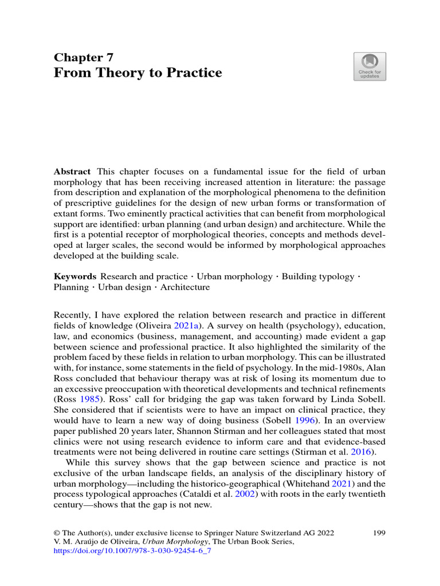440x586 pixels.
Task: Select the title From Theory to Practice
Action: (x=137, y=73)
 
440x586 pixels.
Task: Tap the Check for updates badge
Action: (x=370, y=66)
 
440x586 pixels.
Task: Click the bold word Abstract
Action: (x=73, y=172)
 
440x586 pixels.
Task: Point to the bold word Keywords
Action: (x=74, y=276)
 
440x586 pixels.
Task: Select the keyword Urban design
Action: (x=122, y=287)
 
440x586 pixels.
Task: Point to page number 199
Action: (x=379, y=533)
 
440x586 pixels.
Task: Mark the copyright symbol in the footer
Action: (x=57, y=533)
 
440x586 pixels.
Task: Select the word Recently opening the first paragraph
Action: (x=73, y=315)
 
